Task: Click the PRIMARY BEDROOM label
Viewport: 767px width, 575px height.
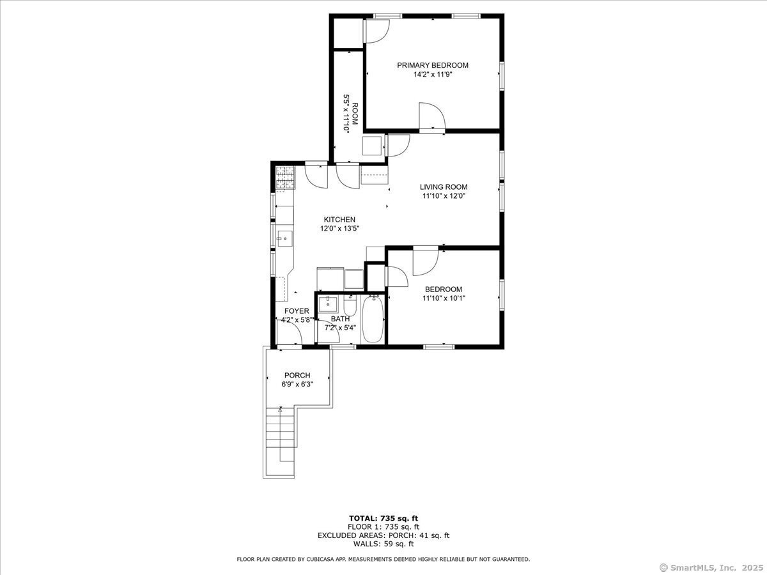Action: [433, 65]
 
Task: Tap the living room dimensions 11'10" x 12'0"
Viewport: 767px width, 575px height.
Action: [444, 196]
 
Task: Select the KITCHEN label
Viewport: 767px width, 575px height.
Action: [339, 219]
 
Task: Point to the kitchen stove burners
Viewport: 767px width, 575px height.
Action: [286, 178]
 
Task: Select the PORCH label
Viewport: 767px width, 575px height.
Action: [297, 375]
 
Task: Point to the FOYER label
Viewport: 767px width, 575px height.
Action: [297, 311]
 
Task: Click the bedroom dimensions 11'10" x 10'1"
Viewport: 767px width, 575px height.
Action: [444, 298]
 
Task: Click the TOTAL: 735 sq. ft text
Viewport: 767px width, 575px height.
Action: [383, 517]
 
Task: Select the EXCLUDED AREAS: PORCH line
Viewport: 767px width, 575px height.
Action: [383, 535]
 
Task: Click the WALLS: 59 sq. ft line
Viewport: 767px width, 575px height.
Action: [383, 544]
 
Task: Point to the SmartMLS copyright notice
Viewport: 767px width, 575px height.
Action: [711, 567]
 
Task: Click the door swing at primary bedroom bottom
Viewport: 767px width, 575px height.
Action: [431, 116]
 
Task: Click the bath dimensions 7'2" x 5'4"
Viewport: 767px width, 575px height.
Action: [340, 328]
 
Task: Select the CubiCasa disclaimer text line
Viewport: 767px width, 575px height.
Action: [383, 559]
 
